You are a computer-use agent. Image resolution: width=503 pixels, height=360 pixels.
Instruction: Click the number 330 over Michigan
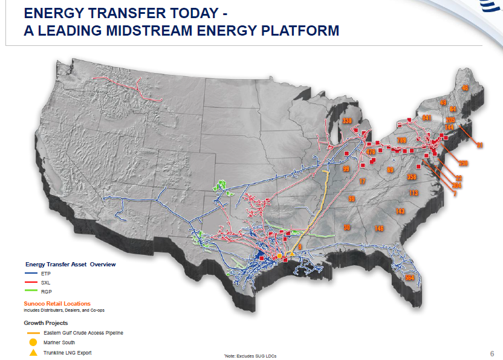[x=347, y=121]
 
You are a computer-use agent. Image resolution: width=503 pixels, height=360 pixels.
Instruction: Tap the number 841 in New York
[x=427, y=118]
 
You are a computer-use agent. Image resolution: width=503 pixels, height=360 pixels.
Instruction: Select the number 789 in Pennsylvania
[x=401, y=141]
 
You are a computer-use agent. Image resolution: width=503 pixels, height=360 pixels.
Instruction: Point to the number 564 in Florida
[x=409, y=278]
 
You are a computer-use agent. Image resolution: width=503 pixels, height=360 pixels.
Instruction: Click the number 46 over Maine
[x=465, y=88]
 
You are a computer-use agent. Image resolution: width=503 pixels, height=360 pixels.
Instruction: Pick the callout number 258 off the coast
[x=464, y=163]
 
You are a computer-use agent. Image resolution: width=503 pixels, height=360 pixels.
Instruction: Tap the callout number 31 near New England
[x=479, y=146]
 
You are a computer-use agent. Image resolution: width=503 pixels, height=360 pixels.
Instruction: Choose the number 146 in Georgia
[x=379, y=228]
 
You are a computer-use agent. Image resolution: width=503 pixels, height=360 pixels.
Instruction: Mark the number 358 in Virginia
[x=412, y=178]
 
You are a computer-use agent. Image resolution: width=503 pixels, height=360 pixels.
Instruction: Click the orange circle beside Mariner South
[x=33, y=342]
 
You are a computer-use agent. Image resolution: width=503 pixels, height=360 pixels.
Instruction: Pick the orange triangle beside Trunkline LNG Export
[x=33, y=352]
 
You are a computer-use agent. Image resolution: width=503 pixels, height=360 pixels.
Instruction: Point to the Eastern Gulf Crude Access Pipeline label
[x=83, y=333]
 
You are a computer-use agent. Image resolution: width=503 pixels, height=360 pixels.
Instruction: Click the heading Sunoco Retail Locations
[x=57, y=303]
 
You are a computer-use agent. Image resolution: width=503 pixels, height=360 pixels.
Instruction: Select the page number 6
[x=492, y=353]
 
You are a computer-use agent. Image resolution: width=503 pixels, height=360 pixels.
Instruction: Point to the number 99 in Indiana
[x=346, y=169]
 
